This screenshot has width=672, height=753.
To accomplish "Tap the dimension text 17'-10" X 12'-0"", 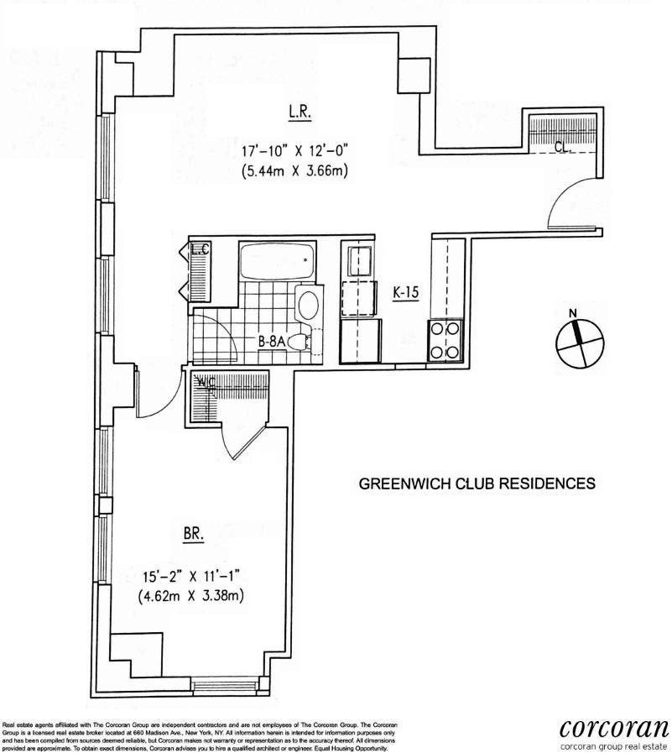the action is (293, 153).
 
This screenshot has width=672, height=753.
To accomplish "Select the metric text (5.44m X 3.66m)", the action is (293, 173).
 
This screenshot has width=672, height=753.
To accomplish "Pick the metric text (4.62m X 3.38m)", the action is (195, 597).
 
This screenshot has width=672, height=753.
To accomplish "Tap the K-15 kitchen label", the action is (406, 293).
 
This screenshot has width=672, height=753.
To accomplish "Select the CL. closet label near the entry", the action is (564, 145).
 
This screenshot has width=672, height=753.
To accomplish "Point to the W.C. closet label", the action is (206, 383).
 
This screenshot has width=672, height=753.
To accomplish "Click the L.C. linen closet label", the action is (201, 250).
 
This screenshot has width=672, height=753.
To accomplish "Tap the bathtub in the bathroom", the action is (277, 261).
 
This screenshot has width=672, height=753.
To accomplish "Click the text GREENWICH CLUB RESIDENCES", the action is (477, 484).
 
